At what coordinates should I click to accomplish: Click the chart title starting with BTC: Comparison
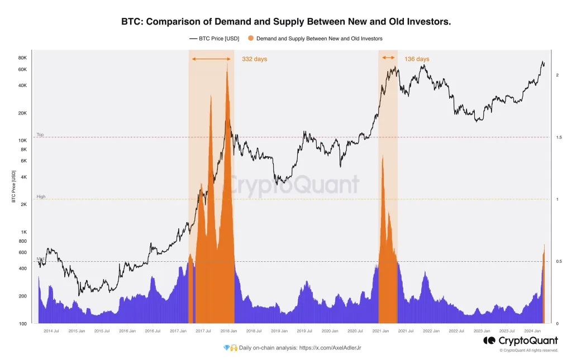point(286,22)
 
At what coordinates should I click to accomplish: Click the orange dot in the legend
point(250,39)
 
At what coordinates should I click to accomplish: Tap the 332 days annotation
point(254,59)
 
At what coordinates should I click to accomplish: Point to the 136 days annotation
point(417,59)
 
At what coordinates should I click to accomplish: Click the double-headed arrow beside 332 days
point(211,59)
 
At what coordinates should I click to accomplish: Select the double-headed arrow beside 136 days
point(388,58)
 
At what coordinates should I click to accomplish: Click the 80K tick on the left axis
point(22,58)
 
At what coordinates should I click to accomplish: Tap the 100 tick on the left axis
point(23,324)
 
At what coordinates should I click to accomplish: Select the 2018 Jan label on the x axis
point(228,331)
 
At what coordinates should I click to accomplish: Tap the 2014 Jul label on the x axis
point(51,331)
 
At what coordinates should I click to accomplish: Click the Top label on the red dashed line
point(40,135)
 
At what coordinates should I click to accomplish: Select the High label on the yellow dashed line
point(41,196)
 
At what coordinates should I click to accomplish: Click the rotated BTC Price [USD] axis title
point(13,187)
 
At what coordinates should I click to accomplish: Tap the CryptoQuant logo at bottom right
point(520,340)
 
